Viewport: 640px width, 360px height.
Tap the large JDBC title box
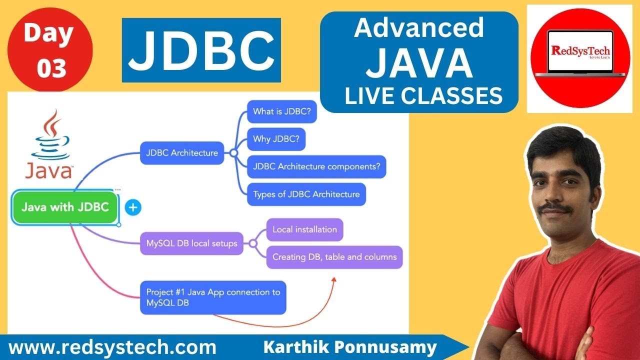[x=201, y=50]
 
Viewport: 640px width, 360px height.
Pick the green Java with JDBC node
[x=65, y=206]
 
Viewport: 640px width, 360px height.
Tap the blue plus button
[x=132, y=207]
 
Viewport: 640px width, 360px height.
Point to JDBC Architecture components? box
[x=317, y=166]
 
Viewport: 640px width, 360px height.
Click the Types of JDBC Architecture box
[x=306, y=194]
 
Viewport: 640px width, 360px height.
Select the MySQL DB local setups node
[x=191, y=244]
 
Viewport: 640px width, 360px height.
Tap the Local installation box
[x=304, y=230]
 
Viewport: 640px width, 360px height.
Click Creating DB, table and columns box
[x=334, y=257]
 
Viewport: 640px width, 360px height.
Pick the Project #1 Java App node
[x=213, y=297]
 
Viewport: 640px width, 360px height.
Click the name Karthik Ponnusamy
[x=350, y=347]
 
